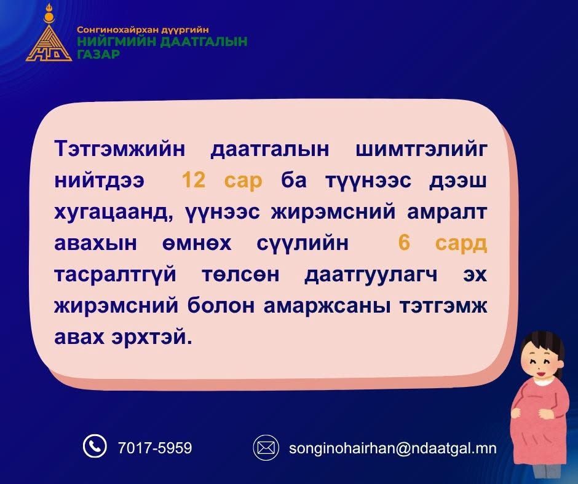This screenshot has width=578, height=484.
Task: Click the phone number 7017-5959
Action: pos(155,448)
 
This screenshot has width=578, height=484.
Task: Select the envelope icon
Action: pos(266,448)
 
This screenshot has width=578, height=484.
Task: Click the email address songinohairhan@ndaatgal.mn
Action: pos(392,448)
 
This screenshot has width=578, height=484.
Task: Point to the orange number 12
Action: pos(194,180)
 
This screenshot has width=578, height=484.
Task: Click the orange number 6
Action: pos(404,243)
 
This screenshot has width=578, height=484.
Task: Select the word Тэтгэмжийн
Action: pos(119,149)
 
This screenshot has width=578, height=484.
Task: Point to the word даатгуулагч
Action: pos(371,275)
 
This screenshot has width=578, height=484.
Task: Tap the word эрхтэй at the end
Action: pos(152,337)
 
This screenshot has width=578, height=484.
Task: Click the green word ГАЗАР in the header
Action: pos(98,54)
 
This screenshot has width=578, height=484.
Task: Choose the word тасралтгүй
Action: pos(116,275)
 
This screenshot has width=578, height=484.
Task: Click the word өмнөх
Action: pos(197,243)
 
